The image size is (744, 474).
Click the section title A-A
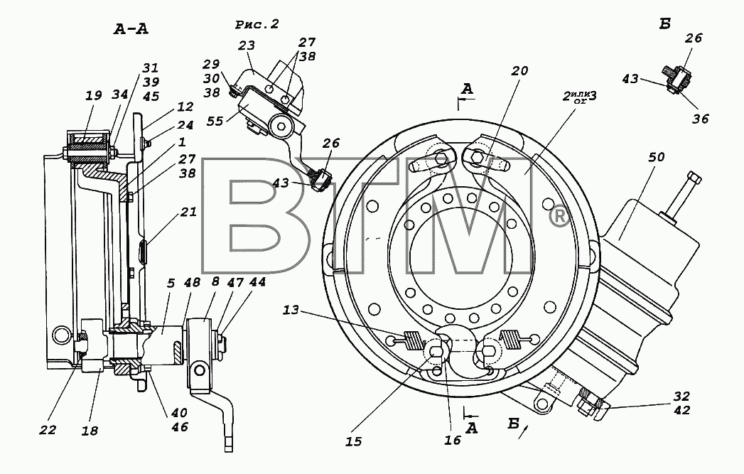[131, 29]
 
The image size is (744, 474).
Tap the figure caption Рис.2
[257, 24]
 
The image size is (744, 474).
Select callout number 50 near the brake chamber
[656, 156]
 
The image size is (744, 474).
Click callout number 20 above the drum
[519, 70]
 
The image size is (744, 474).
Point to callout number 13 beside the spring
[291, 310]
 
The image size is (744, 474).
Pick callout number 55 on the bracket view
[215, 122]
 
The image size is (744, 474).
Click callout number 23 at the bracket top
[247, 45]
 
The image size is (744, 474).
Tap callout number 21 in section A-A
[188, 212]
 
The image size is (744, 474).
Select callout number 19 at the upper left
[94, 95]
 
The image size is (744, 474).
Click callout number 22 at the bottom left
[48, 430]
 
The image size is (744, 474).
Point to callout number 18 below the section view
[90, 431]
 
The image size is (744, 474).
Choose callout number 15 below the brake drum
[353, 442]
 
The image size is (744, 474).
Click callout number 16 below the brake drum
[452, 441]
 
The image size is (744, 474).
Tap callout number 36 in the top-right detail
[701, 119]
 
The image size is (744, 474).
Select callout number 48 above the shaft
[192, 284]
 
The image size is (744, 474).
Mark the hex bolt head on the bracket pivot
[282, 127]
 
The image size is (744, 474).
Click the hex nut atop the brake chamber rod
[694, 179]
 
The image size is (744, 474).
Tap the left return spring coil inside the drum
[415, 341]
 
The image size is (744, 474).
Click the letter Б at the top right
[664, 23]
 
